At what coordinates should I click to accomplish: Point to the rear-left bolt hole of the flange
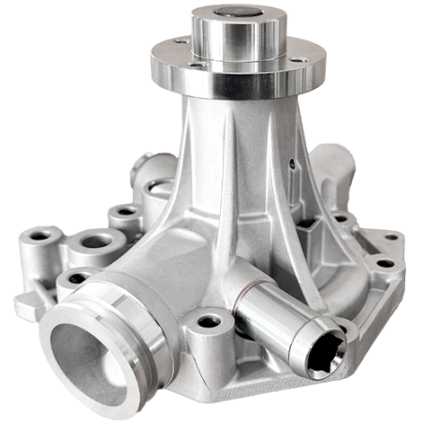coord(178,43)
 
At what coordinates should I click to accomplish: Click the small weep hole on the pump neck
coord(291,167)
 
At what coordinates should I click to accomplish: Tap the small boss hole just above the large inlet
coord(71,279)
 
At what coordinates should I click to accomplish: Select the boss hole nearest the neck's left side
coord(122,213)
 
